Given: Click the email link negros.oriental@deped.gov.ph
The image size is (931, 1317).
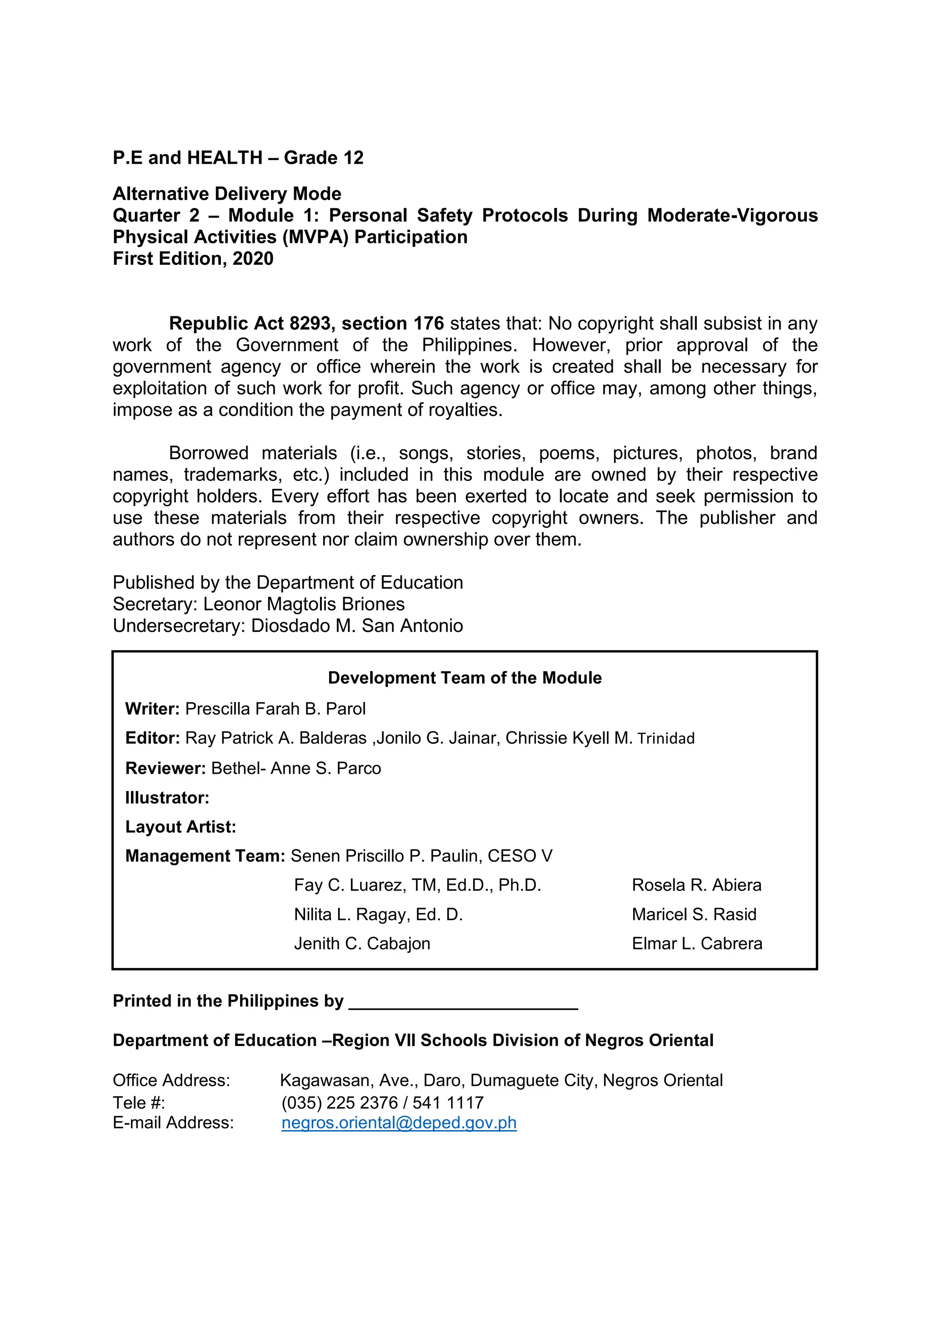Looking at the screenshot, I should tap(399, 1123).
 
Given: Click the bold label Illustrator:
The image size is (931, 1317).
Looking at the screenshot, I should tap(167, 797).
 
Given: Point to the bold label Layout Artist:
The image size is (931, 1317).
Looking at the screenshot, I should tap(180, 827).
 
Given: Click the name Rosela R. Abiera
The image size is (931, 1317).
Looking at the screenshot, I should tap(696, 885).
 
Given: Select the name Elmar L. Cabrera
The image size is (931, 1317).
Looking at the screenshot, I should tap(697, 944).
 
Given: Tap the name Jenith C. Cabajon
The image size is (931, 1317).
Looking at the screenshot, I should tap(362, 944).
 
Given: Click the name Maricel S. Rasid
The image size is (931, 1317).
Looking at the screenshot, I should tap(694, 914).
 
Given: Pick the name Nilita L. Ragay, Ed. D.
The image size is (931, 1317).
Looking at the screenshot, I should tap(378, 914).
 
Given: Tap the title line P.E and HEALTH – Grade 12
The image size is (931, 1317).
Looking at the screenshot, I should tap(238, 158).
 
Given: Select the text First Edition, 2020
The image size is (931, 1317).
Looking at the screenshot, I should tap(193, 259).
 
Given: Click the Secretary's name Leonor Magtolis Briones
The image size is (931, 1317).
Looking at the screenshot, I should tap(304, 604).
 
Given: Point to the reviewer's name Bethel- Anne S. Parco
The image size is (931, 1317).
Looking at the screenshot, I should tap(296, 768).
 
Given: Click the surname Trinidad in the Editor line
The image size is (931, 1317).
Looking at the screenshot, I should tap(666, 738).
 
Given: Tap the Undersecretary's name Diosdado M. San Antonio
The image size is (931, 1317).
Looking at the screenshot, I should tap(356, 626).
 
